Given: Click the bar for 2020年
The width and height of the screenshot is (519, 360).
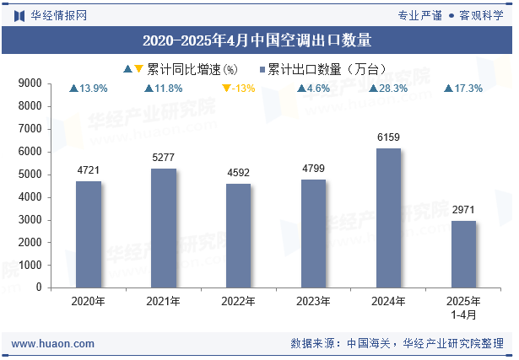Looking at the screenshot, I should pyautogui.click(x=88, y=234).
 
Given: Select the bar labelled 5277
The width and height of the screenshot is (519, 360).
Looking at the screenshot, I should pyautogui.click(x=163, y=228).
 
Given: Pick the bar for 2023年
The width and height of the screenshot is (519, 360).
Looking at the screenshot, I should pyautogui.click(x=313, y=233).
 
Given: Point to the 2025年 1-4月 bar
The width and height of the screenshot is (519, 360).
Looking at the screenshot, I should pyautogui.click(x=463, y=254).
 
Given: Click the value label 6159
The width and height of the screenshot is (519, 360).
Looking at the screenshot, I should pyautogui.click(x=388, y=137).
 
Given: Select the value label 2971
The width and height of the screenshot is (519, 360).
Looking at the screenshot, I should pyautogui.click(x=463, y=209).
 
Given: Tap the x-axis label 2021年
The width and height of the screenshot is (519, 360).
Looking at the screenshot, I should pyautogui.click(x=163, y=301).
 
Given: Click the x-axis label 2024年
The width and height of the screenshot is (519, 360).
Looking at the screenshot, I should pyautogui.click(x=388, y=301).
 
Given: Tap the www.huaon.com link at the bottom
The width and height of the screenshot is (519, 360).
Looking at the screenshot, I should pyautogui.click(x=53, y=344).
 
